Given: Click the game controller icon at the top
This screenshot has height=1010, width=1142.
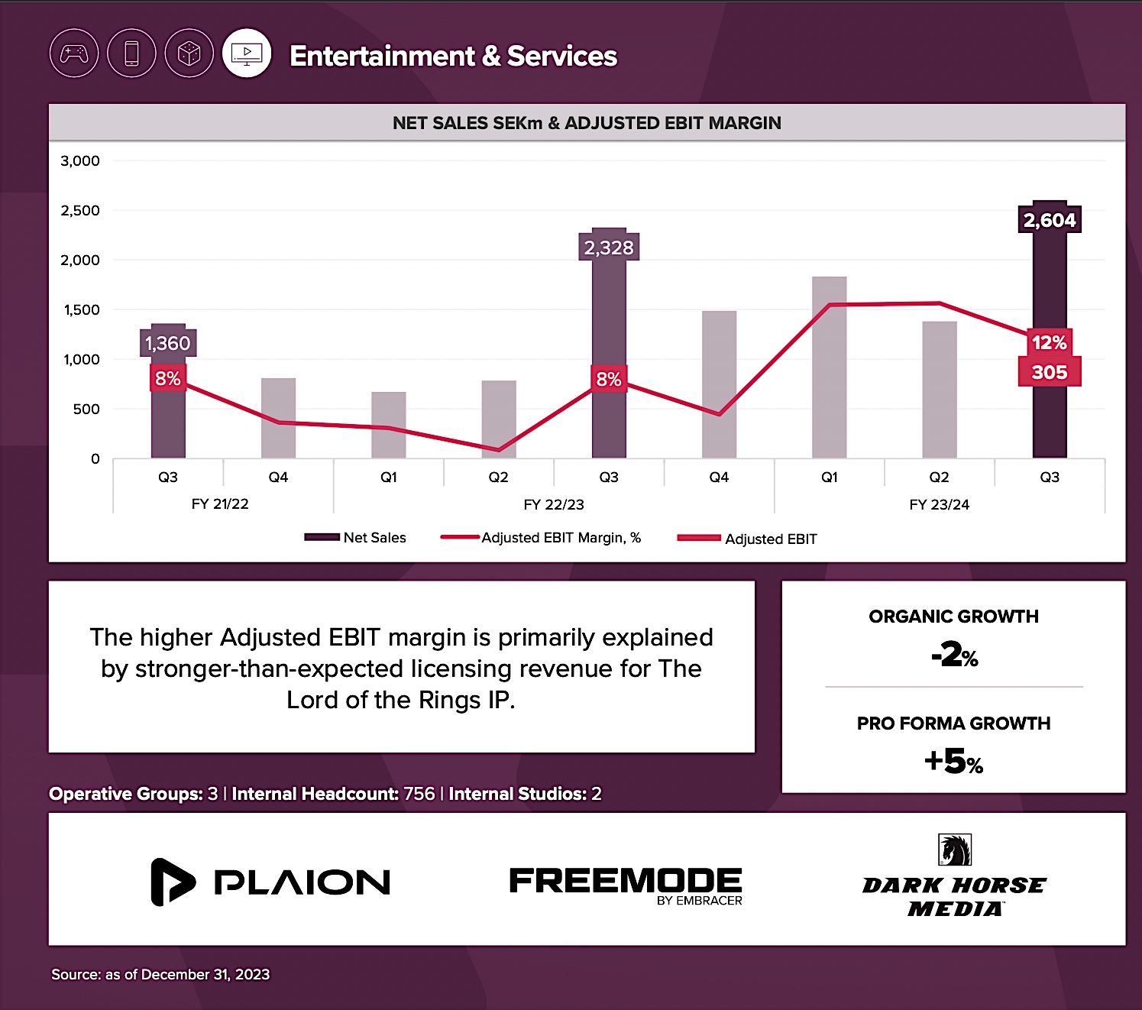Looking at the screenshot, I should [x=74, y=53].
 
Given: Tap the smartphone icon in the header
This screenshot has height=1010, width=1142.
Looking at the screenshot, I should [x=131, y=53].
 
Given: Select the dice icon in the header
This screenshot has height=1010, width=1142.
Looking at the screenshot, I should [x=189, y=53].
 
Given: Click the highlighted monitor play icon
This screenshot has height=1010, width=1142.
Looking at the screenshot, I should [x=247, y=53].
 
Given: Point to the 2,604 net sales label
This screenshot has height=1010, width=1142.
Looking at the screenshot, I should [x=1050, y=220].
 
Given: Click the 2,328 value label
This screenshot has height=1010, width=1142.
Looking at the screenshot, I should [x=609, y=248].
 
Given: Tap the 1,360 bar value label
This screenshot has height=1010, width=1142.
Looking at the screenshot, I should [x=168, y=343].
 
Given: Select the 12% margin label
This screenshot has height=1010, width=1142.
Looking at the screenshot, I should [x=1049, y=342].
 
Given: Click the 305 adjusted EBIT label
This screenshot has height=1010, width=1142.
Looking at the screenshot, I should [x=1049, y=372].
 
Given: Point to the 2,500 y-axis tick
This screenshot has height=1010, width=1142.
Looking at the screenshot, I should [x=80, y=210].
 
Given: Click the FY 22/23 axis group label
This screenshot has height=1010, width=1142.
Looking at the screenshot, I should [x=554, y=504].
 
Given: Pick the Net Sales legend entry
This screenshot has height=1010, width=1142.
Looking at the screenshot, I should [x=356, y=538].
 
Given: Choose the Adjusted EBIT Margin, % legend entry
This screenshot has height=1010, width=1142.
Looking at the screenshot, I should [x=541, y=538].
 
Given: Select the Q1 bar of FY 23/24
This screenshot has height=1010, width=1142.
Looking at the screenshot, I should [x=829, y=367].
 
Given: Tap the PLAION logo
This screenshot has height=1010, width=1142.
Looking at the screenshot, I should [x=271, y=882].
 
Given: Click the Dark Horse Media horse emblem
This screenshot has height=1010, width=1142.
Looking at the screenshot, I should [x=954, y=850].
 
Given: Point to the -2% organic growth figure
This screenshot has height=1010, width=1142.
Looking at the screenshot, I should [x=954, y=655].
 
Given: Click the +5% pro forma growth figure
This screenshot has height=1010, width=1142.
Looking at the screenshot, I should [x=953, y=761].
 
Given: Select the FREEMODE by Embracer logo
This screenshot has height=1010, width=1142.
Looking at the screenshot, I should [x=626, y=885].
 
